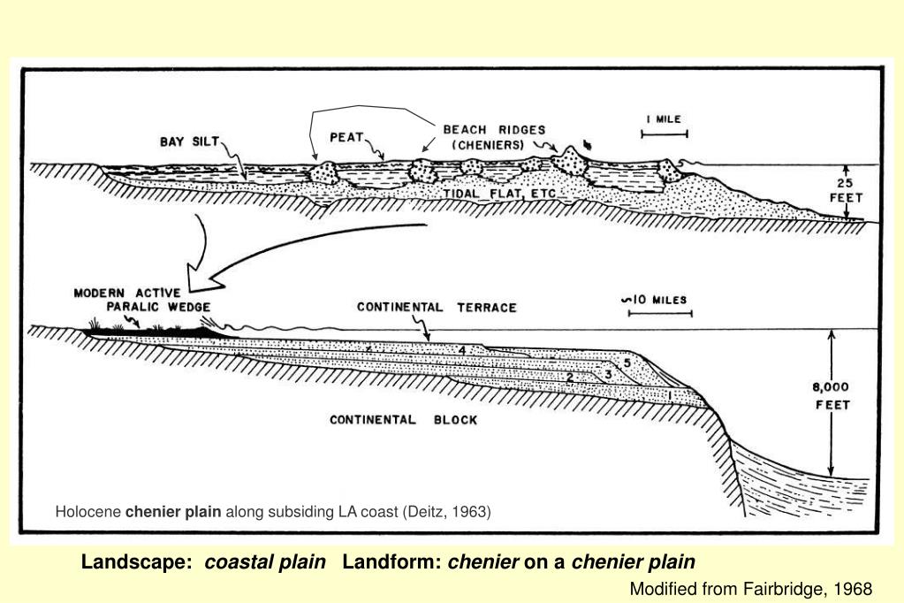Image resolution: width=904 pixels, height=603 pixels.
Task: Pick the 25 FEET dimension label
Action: click(846, 192)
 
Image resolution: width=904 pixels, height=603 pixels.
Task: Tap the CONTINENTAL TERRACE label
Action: click(437, 308)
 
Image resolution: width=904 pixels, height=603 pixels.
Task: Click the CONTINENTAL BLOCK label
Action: click(403, 420)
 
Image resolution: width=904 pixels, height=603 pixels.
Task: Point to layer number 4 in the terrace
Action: click(461, 351)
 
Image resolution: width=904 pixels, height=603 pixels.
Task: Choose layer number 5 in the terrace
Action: click(627, 363)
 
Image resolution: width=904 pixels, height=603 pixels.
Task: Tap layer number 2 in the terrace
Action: click(570, 378)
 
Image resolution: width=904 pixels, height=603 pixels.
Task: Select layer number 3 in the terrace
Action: click(608, 375)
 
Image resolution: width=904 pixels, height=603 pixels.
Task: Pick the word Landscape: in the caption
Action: click(137, 562)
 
